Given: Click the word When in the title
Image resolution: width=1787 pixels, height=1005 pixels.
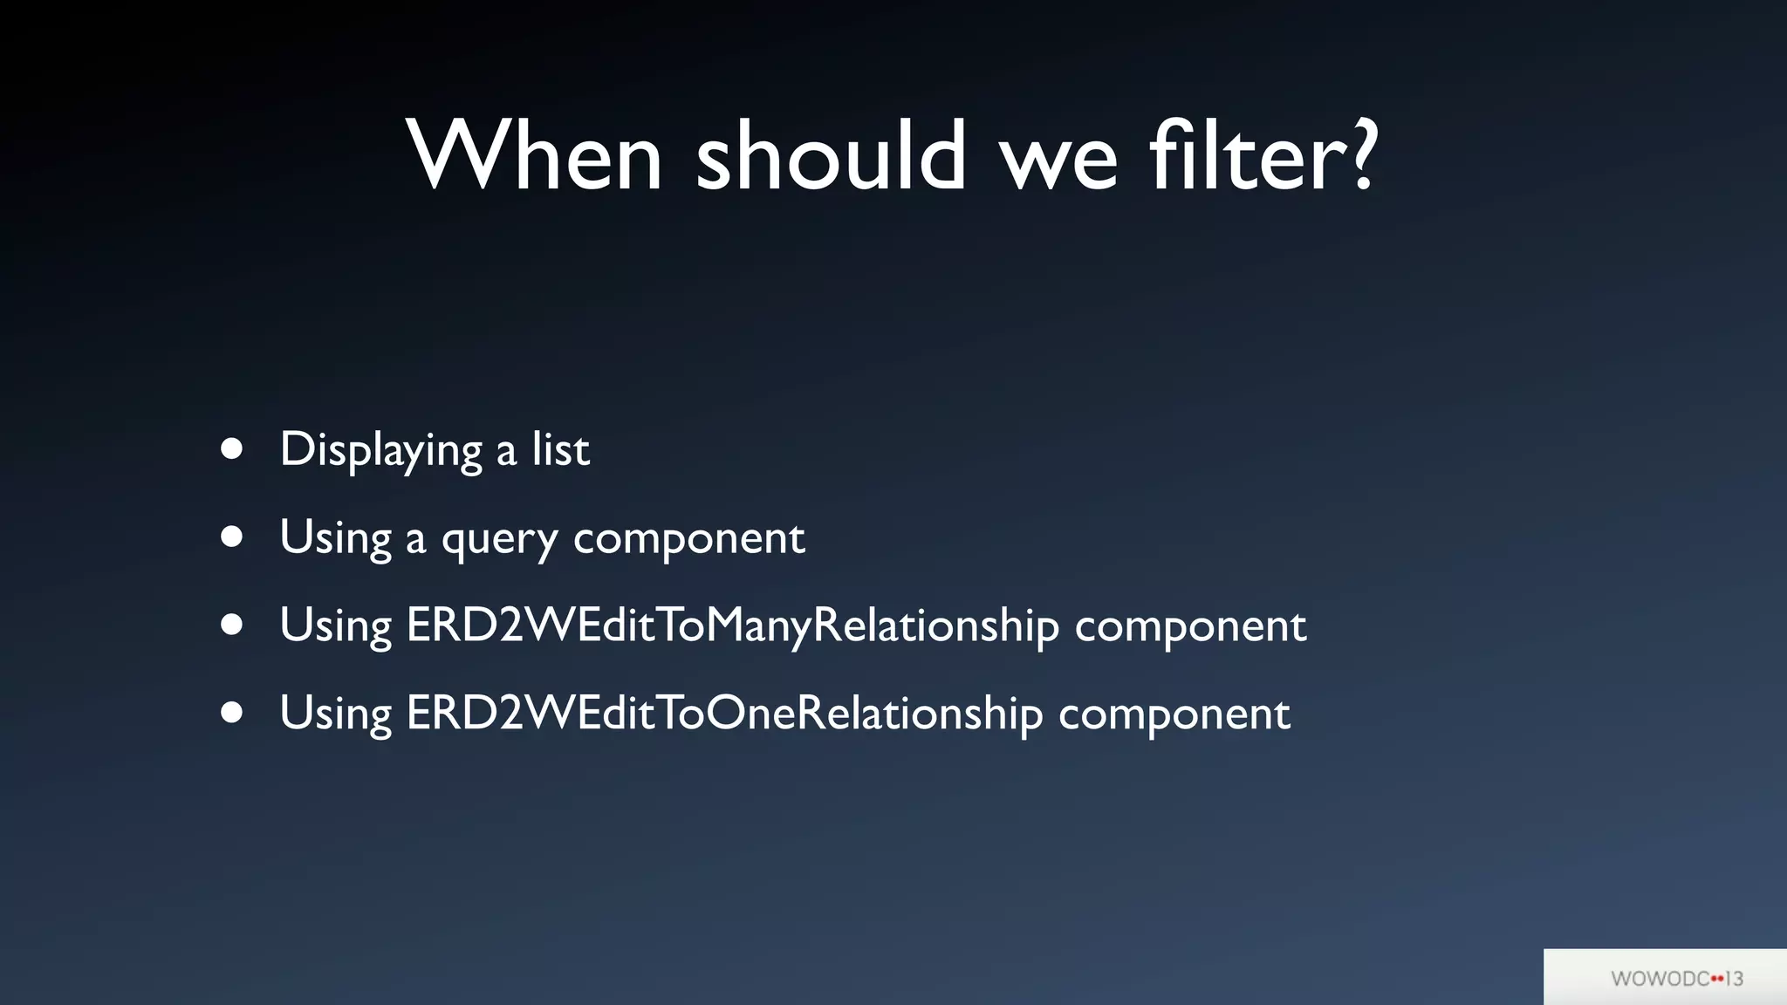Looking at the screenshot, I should [534, 157].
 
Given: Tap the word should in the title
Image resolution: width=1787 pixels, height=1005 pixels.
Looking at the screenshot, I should [831, 157].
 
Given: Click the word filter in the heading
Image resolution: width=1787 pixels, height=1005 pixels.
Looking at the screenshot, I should [1248, 157].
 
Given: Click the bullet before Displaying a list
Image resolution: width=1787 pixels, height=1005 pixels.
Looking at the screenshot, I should [231, 448].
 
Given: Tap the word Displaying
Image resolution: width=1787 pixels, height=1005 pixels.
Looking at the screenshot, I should [380, 451].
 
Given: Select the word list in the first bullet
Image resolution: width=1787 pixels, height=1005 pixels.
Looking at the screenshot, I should [560, 450].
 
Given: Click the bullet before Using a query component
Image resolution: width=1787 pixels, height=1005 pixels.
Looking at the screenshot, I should [231, 537].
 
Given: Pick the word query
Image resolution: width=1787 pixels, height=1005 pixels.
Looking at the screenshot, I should [499, 540].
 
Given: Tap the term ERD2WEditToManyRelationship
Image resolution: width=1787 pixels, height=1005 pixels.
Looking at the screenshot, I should [732, 626].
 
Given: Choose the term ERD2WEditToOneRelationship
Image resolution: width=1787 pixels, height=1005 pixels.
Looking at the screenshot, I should [724, 714].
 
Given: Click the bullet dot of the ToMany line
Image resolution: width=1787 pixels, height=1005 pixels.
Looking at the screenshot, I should [231, 625].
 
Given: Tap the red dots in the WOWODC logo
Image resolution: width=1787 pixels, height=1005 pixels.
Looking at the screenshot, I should [1717, 979].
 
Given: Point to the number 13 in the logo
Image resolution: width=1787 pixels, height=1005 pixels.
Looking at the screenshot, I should [1735, 979].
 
